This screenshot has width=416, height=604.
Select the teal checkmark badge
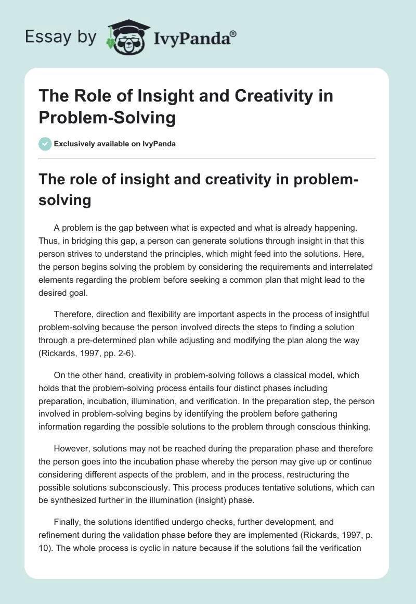click(x=45, y=144)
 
